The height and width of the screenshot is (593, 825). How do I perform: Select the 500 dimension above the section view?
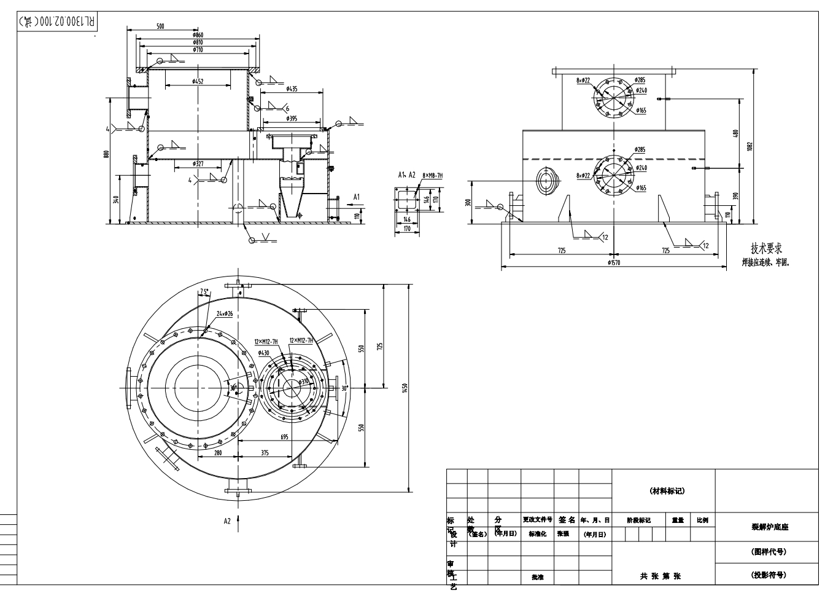tap(160, 26)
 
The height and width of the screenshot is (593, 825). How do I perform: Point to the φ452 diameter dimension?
tap(198, 81)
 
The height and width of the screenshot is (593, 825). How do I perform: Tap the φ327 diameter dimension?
tap(198, 164)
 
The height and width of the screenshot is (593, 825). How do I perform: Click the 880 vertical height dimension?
tap(106, 154)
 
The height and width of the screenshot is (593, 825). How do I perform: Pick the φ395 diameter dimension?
tap(291, 119)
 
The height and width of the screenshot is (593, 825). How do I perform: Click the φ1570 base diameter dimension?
tap(614, 262)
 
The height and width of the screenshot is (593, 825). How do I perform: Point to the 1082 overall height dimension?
tap(750, 146)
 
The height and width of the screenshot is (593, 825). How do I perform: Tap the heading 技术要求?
tap(766, 248)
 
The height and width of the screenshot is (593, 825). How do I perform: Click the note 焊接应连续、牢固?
tap(766, 262)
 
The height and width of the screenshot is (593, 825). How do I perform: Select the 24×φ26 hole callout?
tap(225, 313)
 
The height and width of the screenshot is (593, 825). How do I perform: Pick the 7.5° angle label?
tap(204, 291)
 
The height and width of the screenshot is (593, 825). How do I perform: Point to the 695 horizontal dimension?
tap(284, 437)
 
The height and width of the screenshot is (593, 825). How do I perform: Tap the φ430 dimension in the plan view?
tap(263, 353)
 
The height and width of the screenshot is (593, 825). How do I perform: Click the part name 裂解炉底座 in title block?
tap(770, 527)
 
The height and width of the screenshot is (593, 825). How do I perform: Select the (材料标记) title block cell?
tap(667, 491)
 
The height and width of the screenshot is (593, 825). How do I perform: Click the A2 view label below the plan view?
tap(227, 520)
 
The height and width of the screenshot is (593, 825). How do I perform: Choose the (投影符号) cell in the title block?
tap(769, 575)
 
